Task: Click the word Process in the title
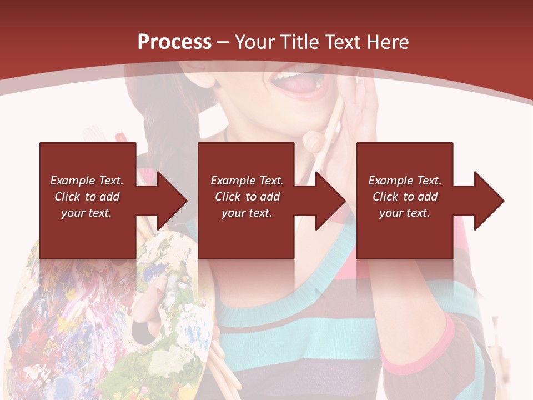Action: [x=174, y=42]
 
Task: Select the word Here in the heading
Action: [x=388, y=42]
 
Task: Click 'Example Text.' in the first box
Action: [x=87, y=181]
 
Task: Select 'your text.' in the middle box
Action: [x=247, y=213]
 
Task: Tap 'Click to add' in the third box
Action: [x=405, y=197]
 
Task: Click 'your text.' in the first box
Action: [x=87, y=213]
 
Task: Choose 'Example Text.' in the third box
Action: [x=405, y=181]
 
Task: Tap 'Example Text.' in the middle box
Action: [x=247, y=181]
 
